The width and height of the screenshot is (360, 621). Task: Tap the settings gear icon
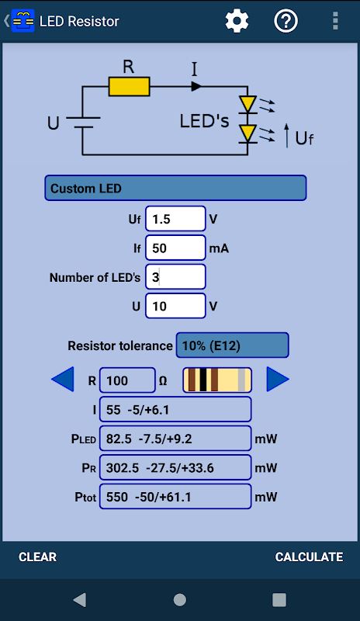click(237, 21)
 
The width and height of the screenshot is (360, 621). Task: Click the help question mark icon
click(286, 21)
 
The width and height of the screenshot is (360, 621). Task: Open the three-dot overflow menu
click(335, 21)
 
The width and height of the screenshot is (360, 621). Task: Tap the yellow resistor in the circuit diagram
click(129, 87)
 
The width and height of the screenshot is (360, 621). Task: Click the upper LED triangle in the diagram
click(248, 104)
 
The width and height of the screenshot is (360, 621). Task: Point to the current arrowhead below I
click(196, 86)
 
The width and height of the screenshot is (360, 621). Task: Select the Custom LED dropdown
click(175, 188)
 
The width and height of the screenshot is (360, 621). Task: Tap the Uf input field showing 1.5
click(175, 219)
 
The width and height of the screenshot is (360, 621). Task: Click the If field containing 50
click(175, 248)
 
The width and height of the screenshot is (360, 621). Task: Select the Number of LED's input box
click(175, 277)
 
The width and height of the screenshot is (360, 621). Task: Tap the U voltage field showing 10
click(175, 306)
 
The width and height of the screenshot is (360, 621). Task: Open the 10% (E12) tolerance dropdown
click(233, 345)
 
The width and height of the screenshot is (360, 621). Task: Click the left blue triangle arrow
click(63, 379)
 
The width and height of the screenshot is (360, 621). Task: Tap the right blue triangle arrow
click(278, 379)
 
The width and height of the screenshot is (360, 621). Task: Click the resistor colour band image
click(217, 380)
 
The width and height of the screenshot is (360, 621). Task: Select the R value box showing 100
click(127, 380)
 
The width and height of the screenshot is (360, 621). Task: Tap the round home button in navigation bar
click(180, 599)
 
